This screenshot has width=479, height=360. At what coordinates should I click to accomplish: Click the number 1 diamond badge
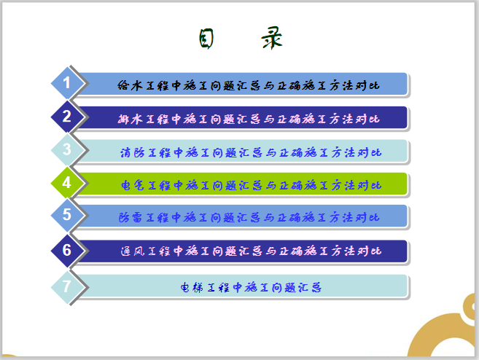(x=67, y=83)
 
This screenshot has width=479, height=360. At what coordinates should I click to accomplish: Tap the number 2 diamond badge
(x=67, y=117)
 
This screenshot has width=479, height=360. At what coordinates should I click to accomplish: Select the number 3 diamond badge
(x=67, y=150)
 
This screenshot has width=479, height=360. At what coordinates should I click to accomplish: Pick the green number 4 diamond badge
(x=67, y=184)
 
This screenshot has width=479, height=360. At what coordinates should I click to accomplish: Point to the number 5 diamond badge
(x=67, y=216)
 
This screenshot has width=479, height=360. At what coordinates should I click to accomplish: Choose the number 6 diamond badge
(x=67, y=251)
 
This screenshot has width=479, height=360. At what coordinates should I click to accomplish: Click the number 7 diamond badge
(x=67, y=286)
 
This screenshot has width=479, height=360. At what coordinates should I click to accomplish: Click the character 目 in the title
(x=206, y=39)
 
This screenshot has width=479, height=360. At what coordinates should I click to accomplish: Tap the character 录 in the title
(x=271, y=39)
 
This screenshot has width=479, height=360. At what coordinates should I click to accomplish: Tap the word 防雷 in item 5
(x=129, y=217)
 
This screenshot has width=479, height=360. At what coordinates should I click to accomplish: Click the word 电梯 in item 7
(x=191, y=287)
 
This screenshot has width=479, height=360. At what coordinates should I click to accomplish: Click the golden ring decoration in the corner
(x=445, y=332)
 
